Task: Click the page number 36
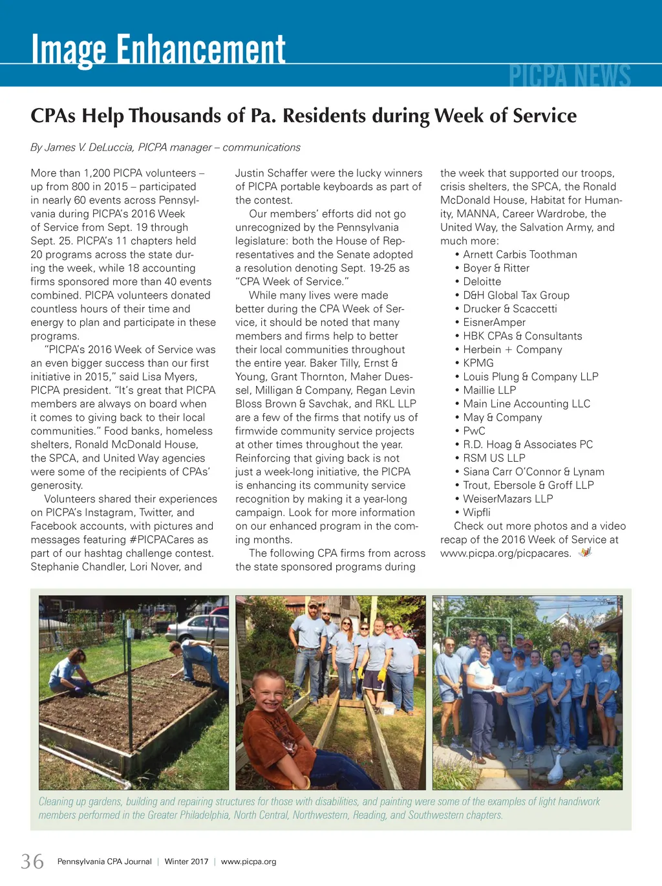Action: point(32,861)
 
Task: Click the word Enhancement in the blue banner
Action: point(200,49)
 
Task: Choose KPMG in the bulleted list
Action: point(478,363)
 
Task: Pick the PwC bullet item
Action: point(474,431)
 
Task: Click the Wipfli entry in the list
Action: point(476,513)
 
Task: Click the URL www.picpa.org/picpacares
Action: point(505,554)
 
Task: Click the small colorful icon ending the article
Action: point(585,552)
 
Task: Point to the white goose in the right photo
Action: point(555,770)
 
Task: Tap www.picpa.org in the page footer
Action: point(248,862)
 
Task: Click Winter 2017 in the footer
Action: point(186,862)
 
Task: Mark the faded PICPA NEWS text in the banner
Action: point(569,76)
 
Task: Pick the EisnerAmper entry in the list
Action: point(494,323)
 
